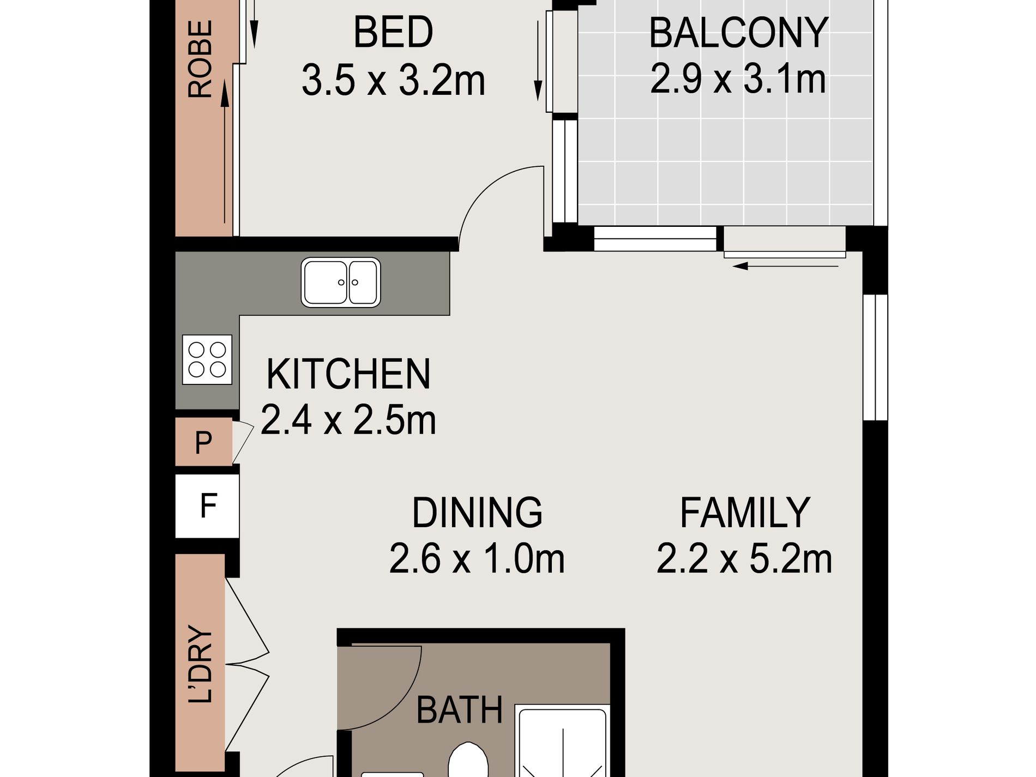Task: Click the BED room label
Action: pos(393,32)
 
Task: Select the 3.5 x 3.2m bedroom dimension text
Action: pos(393,80)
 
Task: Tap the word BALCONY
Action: pos(739,33)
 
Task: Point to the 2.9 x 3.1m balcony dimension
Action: pos(738,79)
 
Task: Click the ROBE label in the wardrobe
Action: pos(200,59)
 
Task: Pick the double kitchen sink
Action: pos(341,282)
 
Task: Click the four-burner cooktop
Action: pos(207,360)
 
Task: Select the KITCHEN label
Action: pos(348,374)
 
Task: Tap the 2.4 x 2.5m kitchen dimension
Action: pos(348,420)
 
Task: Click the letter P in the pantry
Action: pos(203,442)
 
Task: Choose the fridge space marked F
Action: pos(207,506)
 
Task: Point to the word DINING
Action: pos(477,513)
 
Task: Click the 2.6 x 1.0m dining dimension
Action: pos(477,558)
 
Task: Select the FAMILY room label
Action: pos(745,513)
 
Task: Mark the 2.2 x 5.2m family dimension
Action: pos(744,558)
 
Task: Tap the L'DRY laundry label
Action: pos(200,664)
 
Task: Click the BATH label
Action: pos(459,710)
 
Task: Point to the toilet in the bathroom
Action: pos(468,760)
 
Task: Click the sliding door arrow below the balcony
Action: pos(785,267)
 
